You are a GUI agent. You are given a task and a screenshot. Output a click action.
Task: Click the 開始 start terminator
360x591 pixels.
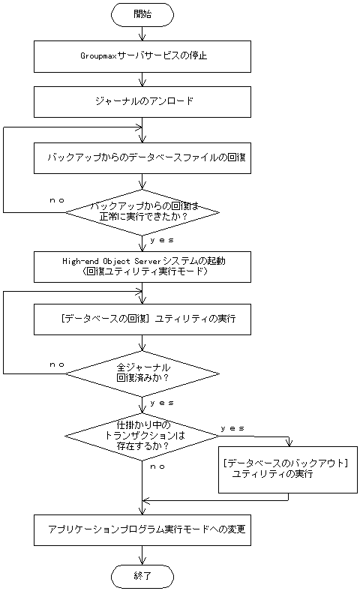click(x=142, y=13)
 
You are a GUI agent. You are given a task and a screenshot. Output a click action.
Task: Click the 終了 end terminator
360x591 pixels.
click(x=142, y=576)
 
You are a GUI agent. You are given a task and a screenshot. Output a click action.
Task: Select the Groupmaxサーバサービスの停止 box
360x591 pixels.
click(x=142, y=55)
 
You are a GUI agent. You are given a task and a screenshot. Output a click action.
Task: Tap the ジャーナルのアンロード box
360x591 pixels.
click(x=142, y=101)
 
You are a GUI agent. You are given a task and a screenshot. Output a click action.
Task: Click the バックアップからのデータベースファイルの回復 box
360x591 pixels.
click(x=142, y=157)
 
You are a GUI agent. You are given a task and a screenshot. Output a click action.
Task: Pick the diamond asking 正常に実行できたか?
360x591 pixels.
click(x=142, y=211)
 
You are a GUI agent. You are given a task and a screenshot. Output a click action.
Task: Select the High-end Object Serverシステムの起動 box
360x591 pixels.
click(x=142, y=265)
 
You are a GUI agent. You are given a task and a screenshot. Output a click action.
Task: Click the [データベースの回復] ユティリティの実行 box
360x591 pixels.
click(x=142, y=319)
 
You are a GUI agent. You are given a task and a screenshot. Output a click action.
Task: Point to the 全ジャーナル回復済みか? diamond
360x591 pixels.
click(x=142, y=373)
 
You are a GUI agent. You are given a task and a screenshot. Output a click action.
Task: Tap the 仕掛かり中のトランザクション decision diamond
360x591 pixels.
click(x=142, y=435)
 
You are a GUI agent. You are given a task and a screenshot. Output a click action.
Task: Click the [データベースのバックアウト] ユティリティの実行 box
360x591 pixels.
click(x=287, y=469)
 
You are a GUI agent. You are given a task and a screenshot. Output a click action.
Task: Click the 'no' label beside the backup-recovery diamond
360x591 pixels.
click(x=56, y=200)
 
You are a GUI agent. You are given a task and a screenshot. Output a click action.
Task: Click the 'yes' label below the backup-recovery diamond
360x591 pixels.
click(x=163, y=240)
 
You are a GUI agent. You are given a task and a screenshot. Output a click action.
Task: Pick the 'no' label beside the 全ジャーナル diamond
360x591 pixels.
click(x=56, y=364)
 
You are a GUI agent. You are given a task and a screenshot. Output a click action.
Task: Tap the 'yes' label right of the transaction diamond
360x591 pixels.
click(x=232, y=427)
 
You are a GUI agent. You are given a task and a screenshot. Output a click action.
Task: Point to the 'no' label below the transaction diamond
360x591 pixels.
click(x=157, y=466)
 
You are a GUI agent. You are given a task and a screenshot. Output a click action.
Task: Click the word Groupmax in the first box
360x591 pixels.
click(x=98, y=55)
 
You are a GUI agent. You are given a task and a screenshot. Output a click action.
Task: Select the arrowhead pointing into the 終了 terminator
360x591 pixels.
click(x=142, y=560)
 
